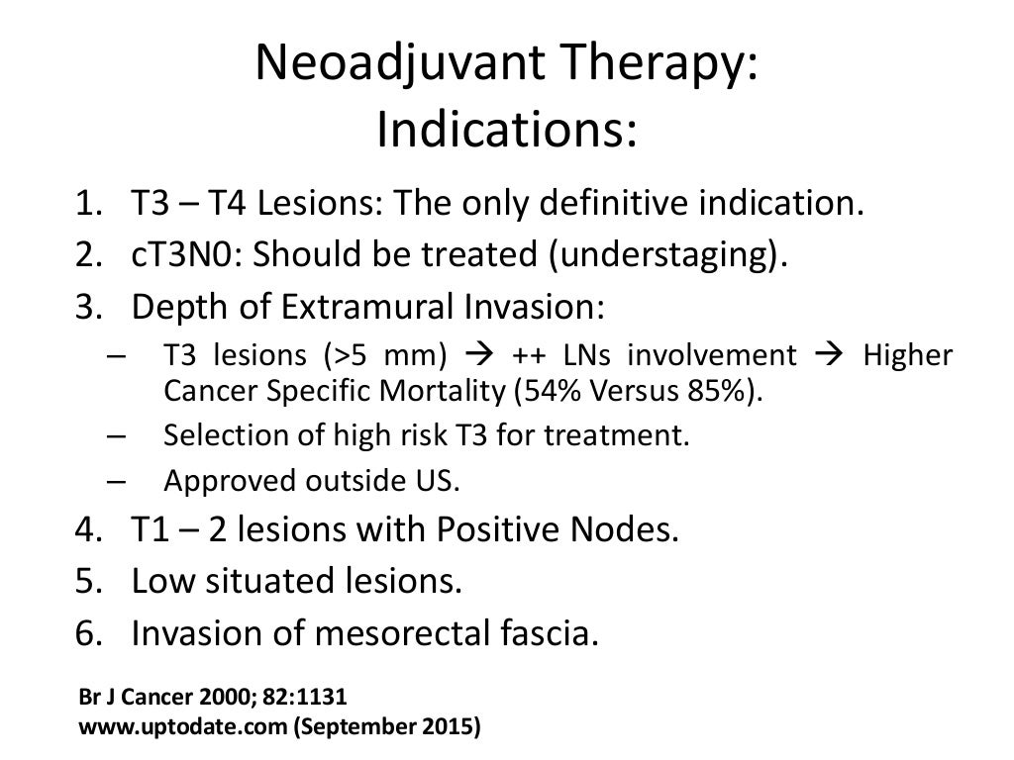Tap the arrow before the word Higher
(828, 355)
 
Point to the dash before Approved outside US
(114, 482)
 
